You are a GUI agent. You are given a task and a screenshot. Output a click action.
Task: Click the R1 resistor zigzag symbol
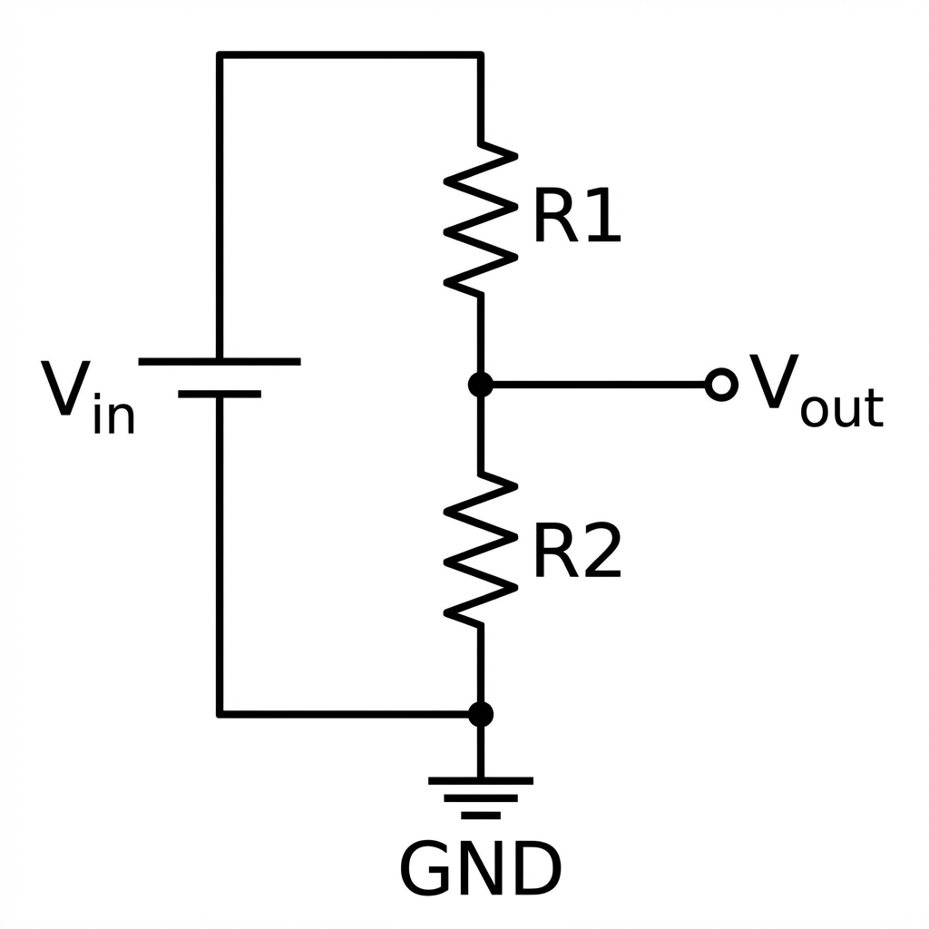[481, 218]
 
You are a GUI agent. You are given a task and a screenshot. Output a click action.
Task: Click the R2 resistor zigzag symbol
[481, 549]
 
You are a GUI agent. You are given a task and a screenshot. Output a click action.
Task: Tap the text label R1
[576, 219]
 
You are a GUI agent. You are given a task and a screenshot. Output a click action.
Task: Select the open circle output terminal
[721, 385]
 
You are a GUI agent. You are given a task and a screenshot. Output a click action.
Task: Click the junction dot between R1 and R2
[481, 385]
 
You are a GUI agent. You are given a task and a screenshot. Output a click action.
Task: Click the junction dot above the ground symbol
[481, 714]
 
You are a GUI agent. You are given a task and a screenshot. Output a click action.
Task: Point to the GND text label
[481, 868]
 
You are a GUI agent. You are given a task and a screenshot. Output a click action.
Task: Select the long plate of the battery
[220, 361]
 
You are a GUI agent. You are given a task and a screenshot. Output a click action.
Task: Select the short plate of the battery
[220, 395]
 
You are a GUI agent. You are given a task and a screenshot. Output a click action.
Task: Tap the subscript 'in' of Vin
[114, 416]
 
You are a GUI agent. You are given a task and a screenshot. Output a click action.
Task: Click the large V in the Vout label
[773, 383]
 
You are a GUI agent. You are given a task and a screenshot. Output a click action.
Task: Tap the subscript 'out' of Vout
[841, 409]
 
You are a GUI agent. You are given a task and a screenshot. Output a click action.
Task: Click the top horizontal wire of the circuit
[349, 54]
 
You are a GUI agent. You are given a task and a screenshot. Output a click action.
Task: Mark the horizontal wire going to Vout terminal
[599, 385]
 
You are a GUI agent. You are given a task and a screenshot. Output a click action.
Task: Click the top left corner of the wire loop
[220, 54]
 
